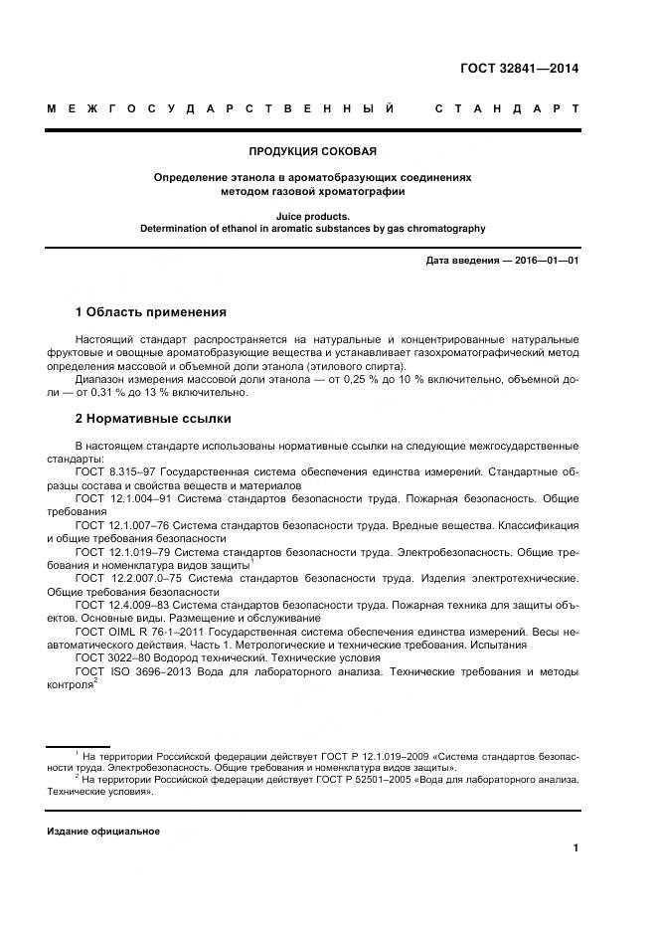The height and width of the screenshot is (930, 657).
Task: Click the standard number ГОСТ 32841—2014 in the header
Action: [x=519, y=69]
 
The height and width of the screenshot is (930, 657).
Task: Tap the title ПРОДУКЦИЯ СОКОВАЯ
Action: [x=312, y=151]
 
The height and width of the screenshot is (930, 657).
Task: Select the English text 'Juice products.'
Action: [x=312, y=215]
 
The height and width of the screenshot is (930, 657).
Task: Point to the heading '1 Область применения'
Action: [x=151, y=311]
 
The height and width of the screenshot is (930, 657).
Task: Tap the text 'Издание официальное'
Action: [x=103, y=831]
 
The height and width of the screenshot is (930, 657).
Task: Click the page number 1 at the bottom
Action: [x=575, y=848]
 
